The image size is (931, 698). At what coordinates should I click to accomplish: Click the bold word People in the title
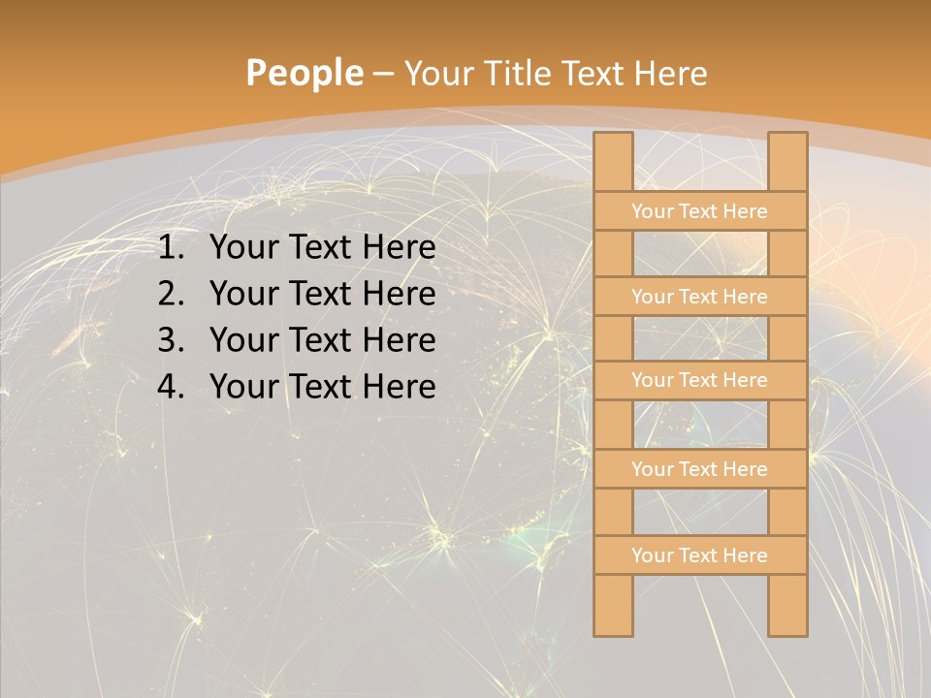tap(304, 74)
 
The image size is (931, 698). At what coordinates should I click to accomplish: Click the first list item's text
tap(322, 248)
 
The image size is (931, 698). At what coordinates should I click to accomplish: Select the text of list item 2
tap(322, 294)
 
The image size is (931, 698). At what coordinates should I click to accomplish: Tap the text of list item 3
tap(322, 340)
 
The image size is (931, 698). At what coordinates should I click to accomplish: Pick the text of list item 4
tap(322, 387)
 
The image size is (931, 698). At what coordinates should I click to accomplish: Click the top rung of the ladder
tap(699, 211)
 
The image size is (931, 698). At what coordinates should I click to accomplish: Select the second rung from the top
tap(699, 297)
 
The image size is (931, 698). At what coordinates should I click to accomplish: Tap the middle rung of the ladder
tap(699, 380)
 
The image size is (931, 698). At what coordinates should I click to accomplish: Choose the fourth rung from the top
tap(699, 469)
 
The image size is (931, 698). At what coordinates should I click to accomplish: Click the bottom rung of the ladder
tap(699, 555)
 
